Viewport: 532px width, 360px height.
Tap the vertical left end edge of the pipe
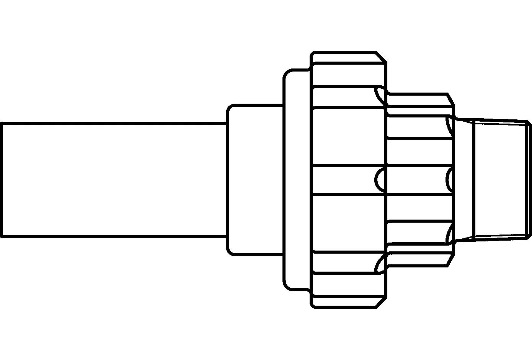point(2,179)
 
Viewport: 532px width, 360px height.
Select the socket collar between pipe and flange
point(255,179)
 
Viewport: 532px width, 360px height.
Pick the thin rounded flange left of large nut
point(297,179)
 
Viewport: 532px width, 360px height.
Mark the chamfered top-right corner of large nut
point(381,57)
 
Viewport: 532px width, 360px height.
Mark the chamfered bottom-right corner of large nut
point(381,302)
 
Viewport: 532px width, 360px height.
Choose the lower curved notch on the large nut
point(380,264)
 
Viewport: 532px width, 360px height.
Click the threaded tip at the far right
point(501,179)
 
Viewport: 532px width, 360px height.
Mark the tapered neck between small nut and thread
point(464,179)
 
